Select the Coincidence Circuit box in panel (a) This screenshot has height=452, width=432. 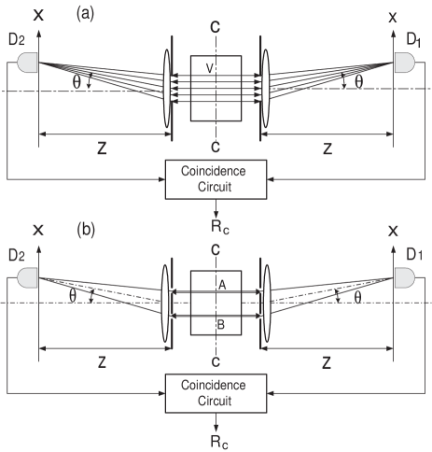[x=216, y=179]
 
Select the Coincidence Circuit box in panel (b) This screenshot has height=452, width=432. [x=216, y=392]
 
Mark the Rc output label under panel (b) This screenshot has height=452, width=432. [x=216, y=438]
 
